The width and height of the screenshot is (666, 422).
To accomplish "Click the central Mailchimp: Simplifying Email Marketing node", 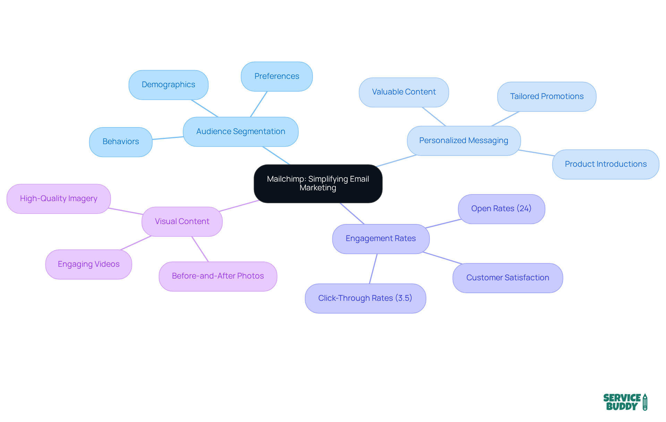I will point(318,183).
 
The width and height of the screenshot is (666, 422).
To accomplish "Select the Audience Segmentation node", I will point(240,132).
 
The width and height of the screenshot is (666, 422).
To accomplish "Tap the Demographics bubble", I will point(168,85).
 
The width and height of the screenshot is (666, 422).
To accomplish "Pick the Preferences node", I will point(276,76).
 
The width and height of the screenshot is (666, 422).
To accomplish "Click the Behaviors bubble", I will point(121,142).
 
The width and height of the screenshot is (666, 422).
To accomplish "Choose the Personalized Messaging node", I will point(463,141).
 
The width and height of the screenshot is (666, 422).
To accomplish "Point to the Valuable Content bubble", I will point(404,92).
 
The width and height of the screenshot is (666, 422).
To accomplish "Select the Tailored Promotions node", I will point(547,97).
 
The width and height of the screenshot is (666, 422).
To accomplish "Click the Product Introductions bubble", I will point(605,164).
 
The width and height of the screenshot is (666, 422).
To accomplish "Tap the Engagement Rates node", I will point(381,239).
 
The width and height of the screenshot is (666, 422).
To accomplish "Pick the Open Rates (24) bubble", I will point(501,209).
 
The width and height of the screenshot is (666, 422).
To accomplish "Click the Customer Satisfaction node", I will point(507,278).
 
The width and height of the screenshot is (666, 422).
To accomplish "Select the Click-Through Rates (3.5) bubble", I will point(365,298).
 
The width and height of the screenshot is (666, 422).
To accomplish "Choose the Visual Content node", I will point(182,222).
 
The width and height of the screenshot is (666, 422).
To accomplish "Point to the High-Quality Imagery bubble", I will point(59,199).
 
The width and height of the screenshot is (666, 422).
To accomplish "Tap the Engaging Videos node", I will point(88,264).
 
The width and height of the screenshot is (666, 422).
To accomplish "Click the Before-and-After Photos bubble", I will point(218,276).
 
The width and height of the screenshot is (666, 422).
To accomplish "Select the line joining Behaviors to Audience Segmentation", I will point(168,138).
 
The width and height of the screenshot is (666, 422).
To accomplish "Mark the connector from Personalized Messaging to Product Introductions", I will point(536,153).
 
